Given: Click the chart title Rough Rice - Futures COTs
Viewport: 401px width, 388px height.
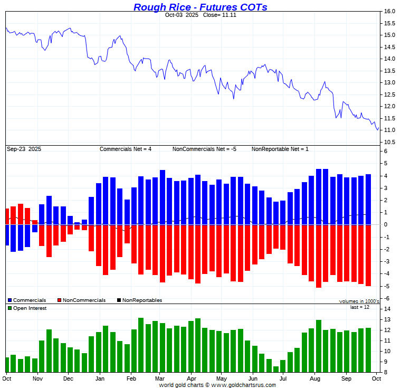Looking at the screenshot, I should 200,7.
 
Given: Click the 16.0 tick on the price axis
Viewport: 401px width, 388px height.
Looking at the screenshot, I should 389,12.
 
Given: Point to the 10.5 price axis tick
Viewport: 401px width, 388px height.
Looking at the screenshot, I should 389,143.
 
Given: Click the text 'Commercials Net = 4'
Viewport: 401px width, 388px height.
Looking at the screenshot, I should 126,149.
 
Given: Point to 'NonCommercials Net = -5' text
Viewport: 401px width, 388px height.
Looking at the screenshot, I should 204,149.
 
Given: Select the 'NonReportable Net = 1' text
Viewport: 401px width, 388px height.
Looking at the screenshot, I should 280,149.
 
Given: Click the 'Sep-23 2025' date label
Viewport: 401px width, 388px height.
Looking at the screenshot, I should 24,149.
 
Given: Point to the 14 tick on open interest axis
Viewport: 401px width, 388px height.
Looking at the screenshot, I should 387,309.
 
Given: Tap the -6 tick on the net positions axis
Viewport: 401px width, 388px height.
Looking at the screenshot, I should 386,298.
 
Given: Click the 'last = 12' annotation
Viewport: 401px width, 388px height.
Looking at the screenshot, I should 360,307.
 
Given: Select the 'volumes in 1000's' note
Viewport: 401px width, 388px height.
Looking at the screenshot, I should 359,301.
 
